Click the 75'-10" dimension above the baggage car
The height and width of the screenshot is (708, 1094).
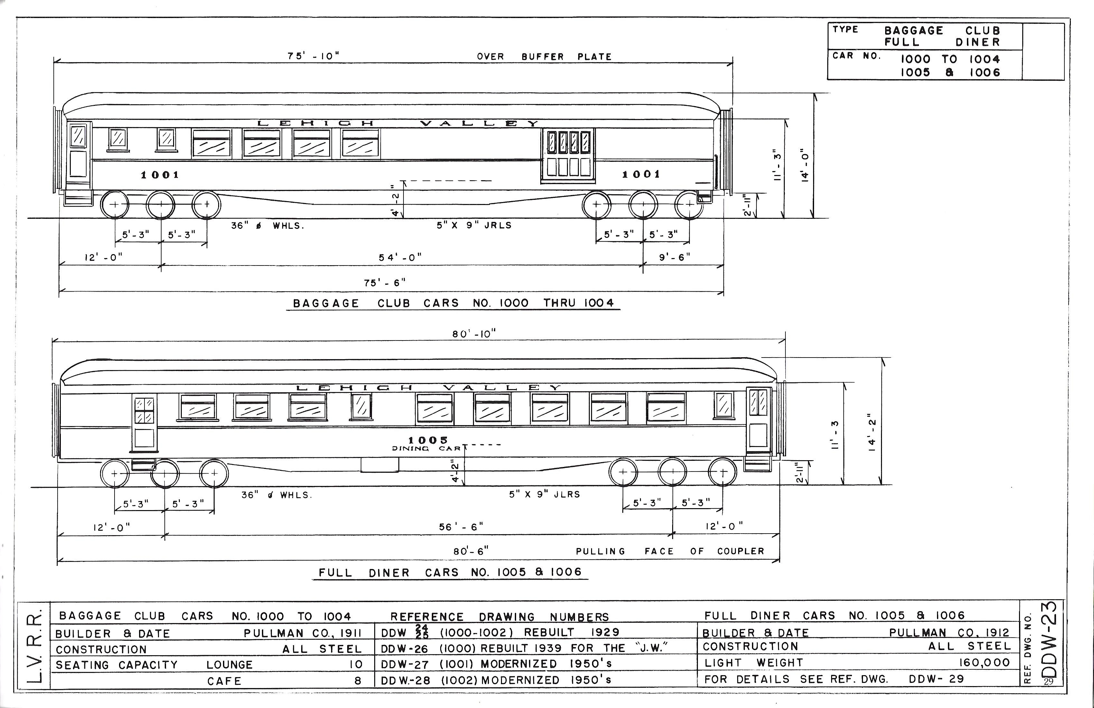click(x=313, y=56)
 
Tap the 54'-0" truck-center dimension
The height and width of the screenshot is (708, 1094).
click(x=400, y=257)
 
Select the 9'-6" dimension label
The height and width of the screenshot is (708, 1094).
click(x=674, y=257)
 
